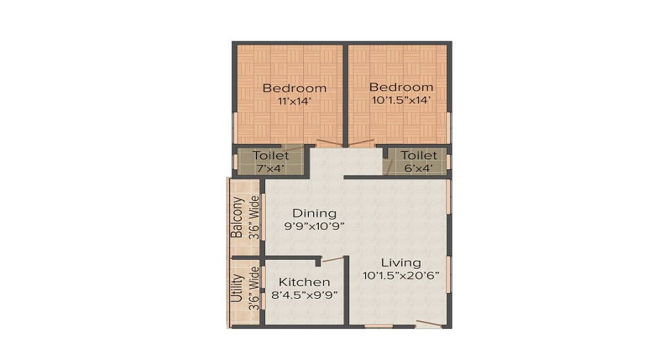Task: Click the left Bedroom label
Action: [x=294, y=88]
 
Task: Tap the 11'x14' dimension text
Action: [x=294, y=102]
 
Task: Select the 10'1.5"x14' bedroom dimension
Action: [x=401, y=100]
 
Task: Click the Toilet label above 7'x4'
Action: [x=271, y=156]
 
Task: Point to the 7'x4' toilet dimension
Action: [x=271, y=168]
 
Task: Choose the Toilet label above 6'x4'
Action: [x=418, y=156]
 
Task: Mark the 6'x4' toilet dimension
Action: [x=418, y=168]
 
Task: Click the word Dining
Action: [x=314, y=213]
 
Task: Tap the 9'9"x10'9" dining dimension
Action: [x=314, y=226]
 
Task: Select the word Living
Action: [x=401, y=262]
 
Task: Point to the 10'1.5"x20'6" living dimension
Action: [x=401, y=275]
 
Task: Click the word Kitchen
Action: [x=305, y=282]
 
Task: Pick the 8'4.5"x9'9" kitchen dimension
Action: [x=305, y=295]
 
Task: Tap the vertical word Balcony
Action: [x=236, y=217]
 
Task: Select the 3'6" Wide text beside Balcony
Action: [x=253, y=217]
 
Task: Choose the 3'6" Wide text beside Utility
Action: [x=253, y=289]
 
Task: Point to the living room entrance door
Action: [x=428, y=323]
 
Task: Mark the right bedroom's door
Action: [x=362, y=142]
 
